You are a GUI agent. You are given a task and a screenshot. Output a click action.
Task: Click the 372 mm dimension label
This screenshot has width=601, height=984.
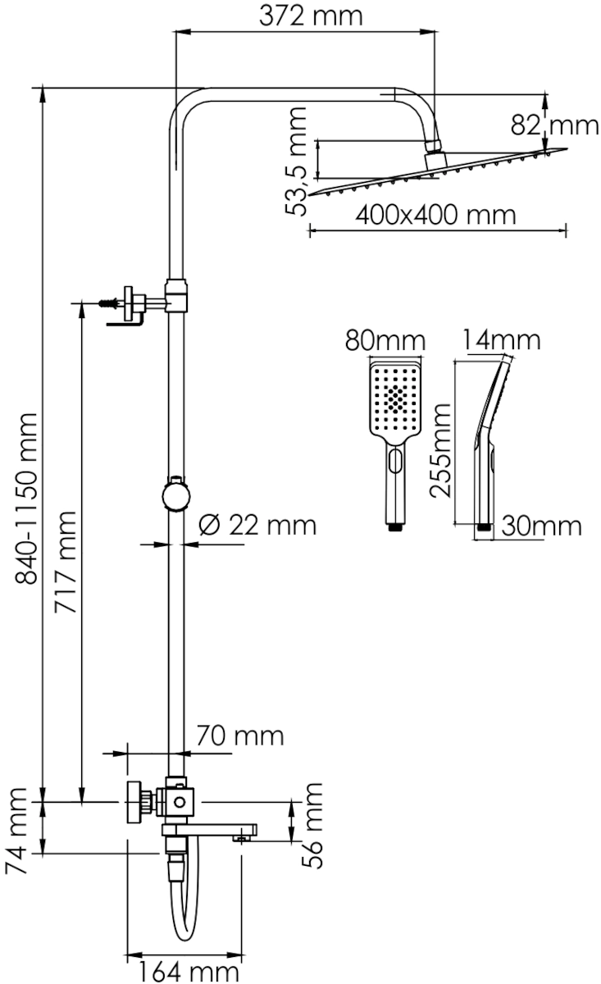[x=311, y=16]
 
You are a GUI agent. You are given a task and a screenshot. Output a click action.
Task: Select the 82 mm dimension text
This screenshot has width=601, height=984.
[x=554, y=125]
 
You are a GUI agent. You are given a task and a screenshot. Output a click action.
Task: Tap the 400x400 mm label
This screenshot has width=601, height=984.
[x=436, y=215]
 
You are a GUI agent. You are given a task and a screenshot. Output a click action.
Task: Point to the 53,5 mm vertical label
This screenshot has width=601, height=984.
[x=295, y=162]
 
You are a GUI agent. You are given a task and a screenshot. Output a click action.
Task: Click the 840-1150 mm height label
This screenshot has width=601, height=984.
[x=26, y=499]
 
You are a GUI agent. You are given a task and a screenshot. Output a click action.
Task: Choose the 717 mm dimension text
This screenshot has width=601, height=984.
[x=66, y=562]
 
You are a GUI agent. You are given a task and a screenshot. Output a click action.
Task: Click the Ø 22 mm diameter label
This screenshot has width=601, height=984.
[x=257, y=525]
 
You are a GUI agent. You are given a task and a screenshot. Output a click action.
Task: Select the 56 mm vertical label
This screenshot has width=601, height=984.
[x=312, y=826]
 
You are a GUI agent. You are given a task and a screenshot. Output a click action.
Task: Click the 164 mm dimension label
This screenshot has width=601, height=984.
[x=189, y=971]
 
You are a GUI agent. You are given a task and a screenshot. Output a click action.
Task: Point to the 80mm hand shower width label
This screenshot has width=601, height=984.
[x=385, y=341]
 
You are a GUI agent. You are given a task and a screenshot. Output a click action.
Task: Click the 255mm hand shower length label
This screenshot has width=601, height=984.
[x=440, y=450]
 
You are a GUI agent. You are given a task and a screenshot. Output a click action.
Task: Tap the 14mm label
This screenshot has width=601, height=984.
[x=501, y=340]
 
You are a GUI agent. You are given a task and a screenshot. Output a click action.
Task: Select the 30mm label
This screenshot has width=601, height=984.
[x=541, y=526]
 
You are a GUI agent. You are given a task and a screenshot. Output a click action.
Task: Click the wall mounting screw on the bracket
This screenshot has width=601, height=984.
[x=109, y=303]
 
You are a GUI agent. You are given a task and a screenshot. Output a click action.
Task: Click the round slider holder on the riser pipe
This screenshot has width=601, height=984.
[x=176, y=496]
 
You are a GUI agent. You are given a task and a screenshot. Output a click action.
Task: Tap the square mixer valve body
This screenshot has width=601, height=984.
[x=180, y=803]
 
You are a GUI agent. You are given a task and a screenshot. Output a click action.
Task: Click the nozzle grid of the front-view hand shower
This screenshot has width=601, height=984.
[x=395, y=399]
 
